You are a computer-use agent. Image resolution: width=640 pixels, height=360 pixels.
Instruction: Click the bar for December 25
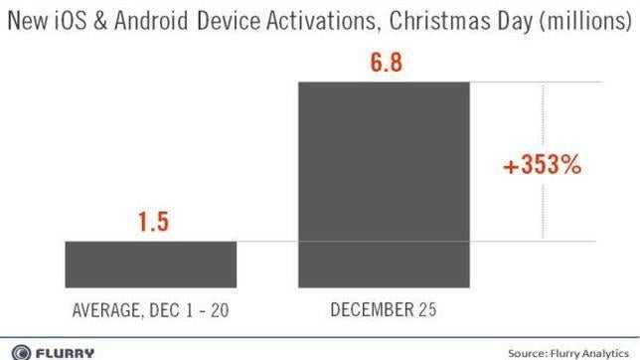(384, 183)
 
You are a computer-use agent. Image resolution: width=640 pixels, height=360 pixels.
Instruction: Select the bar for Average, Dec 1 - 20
(150, 263)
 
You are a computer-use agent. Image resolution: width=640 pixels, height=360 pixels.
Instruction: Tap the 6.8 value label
(384, 63)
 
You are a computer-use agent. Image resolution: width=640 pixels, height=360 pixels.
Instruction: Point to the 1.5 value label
(150, 221)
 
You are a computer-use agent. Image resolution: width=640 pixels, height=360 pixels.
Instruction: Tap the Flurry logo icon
(17, 351)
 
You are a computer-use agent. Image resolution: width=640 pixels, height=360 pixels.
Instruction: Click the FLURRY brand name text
(63, 351)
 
